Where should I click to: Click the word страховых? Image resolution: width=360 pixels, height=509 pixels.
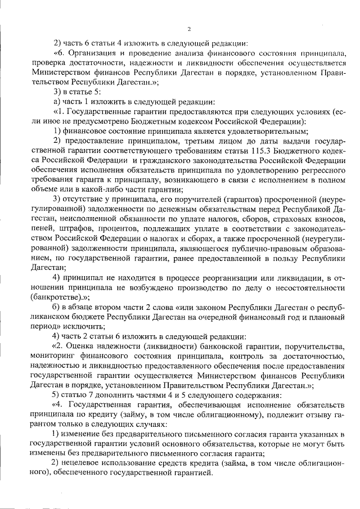tap(287, 219)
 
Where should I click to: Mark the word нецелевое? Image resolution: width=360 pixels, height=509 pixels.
tap(86, 462)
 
